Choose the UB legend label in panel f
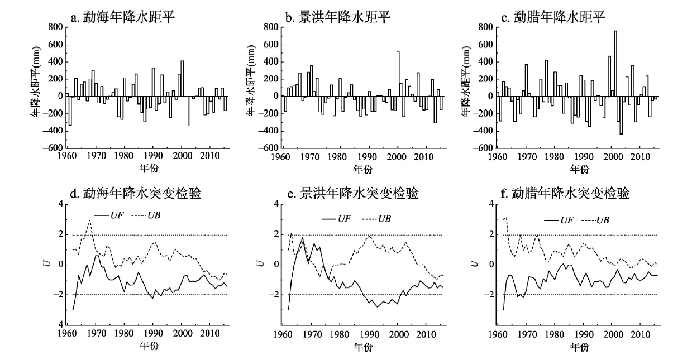[602, 220]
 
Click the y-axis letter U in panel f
[474, 264]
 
